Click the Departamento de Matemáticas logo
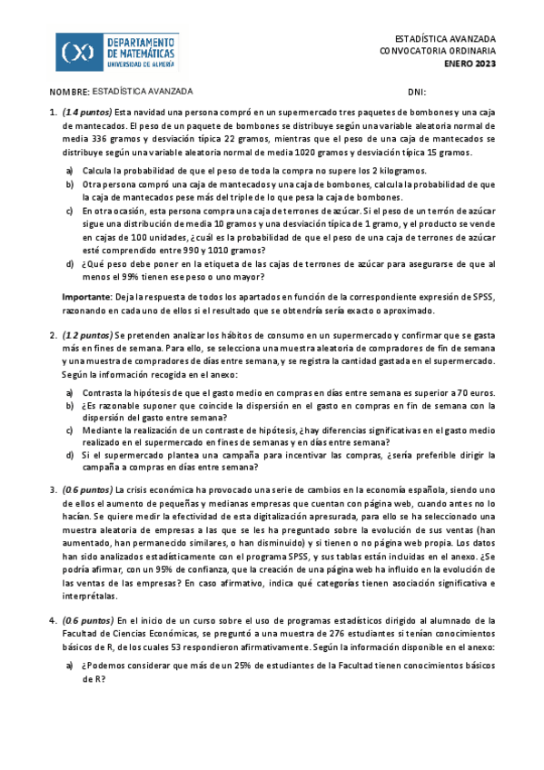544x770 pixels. [x=117, y=53]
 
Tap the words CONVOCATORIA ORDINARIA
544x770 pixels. [x=437, y=51]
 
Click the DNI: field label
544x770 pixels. [x=417, y=93]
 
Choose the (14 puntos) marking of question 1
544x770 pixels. [x=87, y=112]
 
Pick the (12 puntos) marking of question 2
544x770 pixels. [x=88, y=336]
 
